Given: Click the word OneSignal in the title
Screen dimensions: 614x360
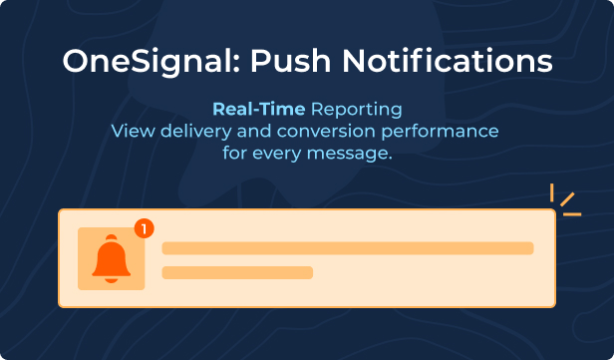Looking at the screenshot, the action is (x=148, y=62).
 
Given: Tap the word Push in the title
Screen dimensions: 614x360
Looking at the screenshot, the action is (x=290, y=61).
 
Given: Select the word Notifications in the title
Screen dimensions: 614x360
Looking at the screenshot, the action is (x=447, y=61).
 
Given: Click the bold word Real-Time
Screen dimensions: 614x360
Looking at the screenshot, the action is (x=259, y=110).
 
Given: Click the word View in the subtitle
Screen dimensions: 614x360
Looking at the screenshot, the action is (x=134, y=132).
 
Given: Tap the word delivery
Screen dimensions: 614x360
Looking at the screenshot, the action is (x=196, y=132).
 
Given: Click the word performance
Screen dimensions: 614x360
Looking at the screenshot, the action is (x=440, y=132).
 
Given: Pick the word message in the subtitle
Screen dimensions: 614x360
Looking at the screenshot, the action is (x=349, y=154).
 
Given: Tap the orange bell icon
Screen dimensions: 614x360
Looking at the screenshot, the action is (x=112, y=258).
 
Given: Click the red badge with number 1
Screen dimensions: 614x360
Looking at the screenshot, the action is (x=145, y=228).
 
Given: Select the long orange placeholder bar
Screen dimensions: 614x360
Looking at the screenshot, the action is (x=348, y=248).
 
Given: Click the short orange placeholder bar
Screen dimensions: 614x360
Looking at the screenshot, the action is (x=237, y=272).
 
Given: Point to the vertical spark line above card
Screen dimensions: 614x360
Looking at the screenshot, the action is (x=552, y=192).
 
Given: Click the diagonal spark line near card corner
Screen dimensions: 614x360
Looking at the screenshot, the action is (x=567, y=199).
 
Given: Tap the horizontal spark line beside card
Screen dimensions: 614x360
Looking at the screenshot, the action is (x=572, y=214).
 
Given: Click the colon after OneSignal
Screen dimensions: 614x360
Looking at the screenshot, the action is (x=236, y=65).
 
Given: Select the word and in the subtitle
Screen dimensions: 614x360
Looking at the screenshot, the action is (x=254, y=132).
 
